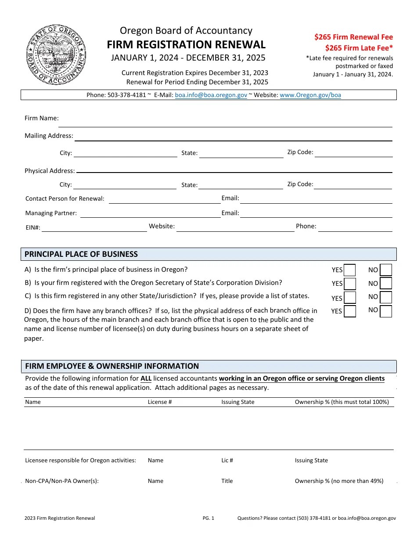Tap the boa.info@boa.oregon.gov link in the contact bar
tap(211, 95)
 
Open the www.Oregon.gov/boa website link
tap(310, 95)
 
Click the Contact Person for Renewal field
tap(165, 199)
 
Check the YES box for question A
tap(350, 270)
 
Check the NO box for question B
tap(386, 284)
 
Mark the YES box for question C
tap(350, 298)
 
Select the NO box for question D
tap(386, 311)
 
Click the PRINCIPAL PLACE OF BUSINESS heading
tap(81, 254)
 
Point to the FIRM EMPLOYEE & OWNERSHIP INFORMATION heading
tap(112, 366)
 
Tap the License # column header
tap(160, 402)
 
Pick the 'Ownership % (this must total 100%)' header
tap(342, 402)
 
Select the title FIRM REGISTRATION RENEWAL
tap(186, 44)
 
